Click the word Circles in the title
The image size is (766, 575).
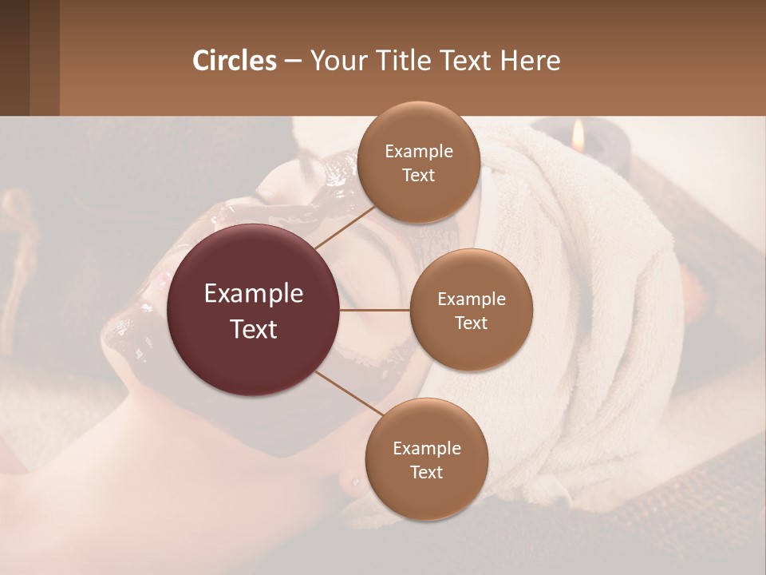pyautogui.click(x=235, y=61)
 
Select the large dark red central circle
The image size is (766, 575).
pyautogui.click(x=254, y=310)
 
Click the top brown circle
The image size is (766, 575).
pyautogui.click(x=418, y=162)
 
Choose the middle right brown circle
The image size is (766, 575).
pyautogui.click(x=471, y=310)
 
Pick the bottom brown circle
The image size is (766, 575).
pyautogui.click(x=426, y=459)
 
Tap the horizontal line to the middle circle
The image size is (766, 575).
pyautogui.click(x=375, y=310)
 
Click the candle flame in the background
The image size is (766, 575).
pyautogui.click(x=578, y=136)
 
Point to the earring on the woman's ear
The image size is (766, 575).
pyautogui.click(x=353, y=481)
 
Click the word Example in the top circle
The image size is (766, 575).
pyautogui.click(x=418, y=151)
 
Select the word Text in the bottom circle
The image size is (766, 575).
pyautogui.click(x=426, y=472)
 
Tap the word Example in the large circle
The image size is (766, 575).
pyautogui.click(x=254, y=294)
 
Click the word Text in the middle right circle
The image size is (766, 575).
pyautogui.click(x=471, y=323)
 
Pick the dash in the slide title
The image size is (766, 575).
pyautogui.click(x=293, y=61)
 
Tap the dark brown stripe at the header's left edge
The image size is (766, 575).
pyautogui.click(x=14, y=57)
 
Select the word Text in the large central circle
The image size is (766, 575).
pyautogui.click(x=254, y=329)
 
